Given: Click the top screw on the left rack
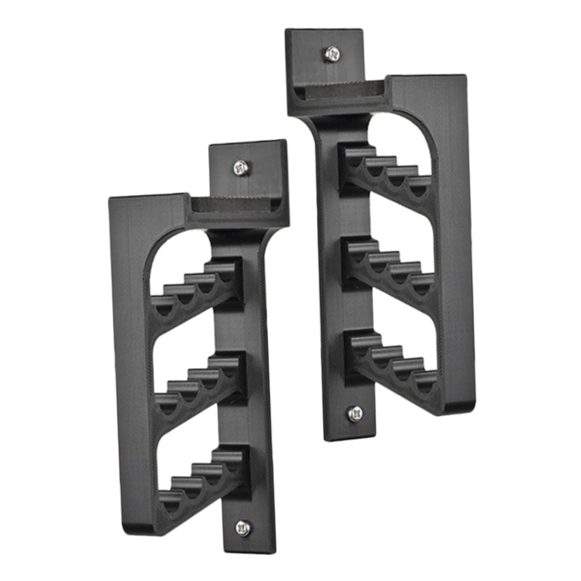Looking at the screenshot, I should click(x=241, y=167).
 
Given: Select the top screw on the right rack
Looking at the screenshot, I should click(x=333, y=54).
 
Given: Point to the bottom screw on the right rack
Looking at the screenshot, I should click(x=355, y=413).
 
